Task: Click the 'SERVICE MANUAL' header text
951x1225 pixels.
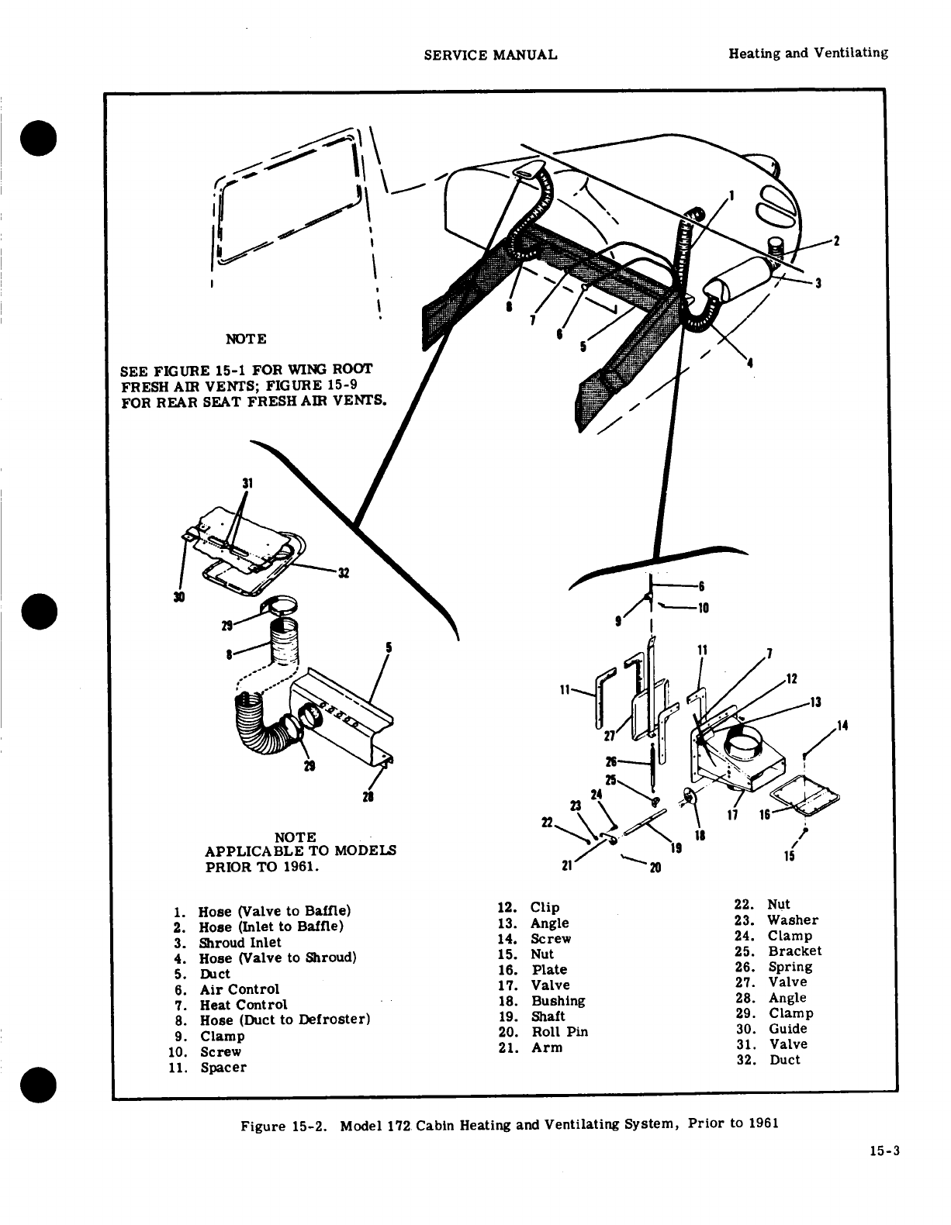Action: click(491, 54)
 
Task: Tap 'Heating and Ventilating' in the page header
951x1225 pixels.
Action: click(807, 53)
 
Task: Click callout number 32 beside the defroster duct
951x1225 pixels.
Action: click(344, 574)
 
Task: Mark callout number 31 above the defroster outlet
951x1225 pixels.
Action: click(247, 482)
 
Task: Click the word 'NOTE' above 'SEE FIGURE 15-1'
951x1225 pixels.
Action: click(245, 339)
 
